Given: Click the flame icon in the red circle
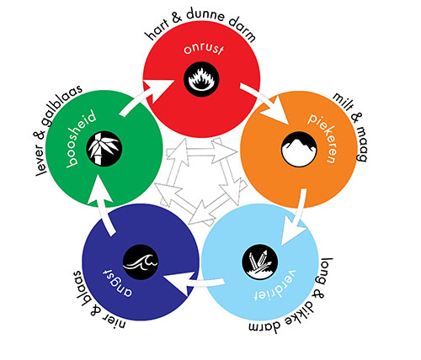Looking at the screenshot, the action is [x=201, y=79].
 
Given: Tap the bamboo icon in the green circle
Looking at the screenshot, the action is [x=104, y=149].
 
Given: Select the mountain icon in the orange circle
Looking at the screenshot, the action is [x=299, y=150].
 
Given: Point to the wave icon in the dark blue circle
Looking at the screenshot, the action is [x=141, y=262].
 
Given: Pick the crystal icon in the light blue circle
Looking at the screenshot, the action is [x=260, y=262].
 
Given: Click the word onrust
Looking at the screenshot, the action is [x=204, y=50].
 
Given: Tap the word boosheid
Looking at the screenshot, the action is [x=81, y=140].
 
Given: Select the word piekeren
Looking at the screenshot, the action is [x=322, y=138].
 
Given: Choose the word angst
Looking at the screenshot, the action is [x=118, y=283].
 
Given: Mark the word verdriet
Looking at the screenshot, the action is [x=275, y=286].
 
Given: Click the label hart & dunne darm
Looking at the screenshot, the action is [x=200, y=24].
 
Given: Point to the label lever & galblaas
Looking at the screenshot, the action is [x=59, y=130].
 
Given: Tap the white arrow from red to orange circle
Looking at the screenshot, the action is [x=265, y=103].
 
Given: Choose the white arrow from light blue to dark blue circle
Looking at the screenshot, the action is [x=194, y=283].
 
